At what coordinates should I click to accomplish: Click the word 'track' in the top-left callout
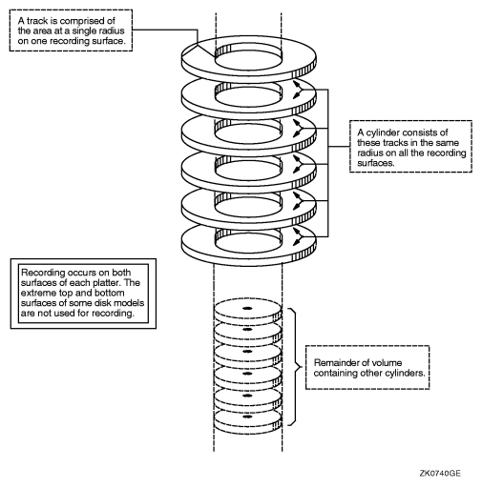click(x=37, y=21)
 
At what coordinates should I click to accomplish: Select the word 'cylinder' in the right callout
click(x=381, y=132)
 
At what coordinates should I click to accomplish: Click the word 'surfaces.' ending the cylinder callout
click(x=376, y=163)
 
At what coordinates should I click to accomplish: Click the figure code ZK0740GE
click(x=440, y=474)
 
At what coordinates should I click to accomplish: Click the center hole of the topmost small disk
click(x=247, y=308)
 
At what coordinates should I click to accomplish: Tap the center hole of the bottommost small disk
click(x=247, y=417)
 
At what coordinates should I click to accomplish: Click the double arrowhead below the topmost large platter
click(x=298, y=90)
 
